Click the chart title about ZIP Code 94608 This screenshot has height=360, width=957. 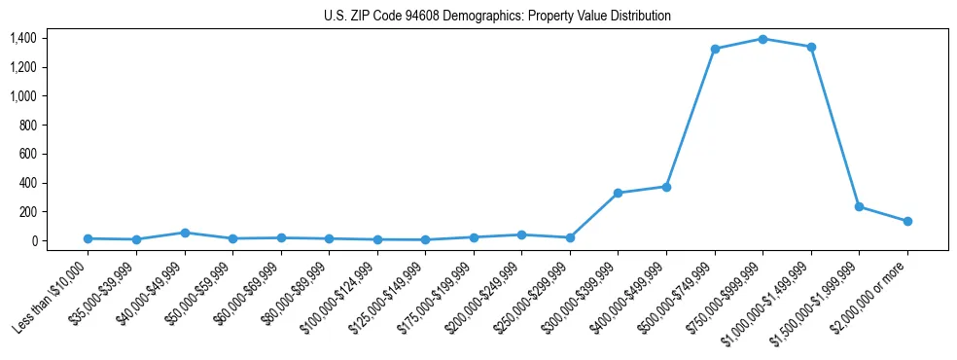pyautogui.click(x=497, y=17)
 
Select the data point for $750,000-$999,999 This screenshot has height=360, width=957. pyautogui.click(x=762, y=39)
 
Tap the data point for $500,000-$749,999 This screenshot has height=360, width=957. pyautogui.click(x=715, y=49)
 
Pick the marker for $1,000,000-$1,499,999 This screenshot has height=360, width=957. pyautogui.click(x=811, y=47)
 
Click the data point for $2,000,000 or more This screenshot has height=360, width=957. pyautogui.click(x=907, y=221)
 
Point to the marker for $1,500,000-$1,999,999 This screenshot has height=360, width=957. pyautogui.click(x=859, y=206)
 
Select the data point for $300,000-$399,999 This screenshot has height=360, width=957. pyautogui.click(x=618, y=193)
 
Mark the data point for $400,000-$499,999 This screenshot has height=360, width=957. pyautogui.click(x=666, y=187)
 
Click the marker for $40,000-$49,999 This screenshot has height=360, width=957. pyautogui.click(x=185, y=233)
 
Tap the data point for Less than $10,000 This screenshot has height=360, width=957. pyautogui.click(x=89, y=238)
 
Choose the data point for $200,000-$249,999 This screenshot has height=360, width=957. pyautogui.click(x=522, y=234)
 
